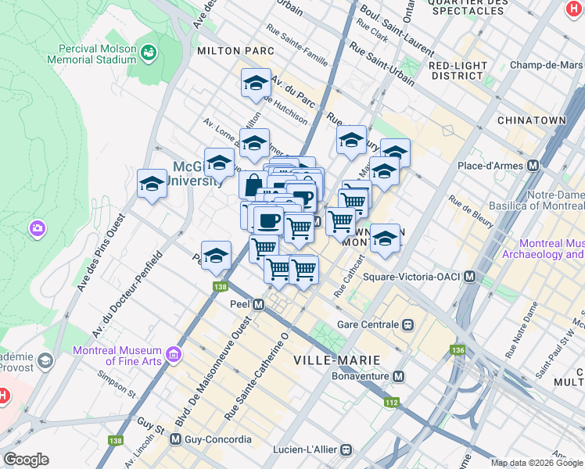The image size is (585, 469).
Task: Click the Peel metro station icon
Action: [257, 304]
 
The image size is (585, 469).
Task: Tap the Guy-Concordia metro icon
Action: [175, 439]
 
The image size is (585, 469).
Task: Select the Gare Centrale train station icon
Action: [407, 324]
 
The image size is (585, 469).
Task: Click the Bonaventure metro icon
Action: [399, 377]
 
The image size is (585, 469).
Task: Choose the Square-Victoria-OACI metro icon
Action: [470, 277]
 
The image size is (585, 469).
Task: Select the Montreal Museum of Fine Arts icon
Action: [173, 356]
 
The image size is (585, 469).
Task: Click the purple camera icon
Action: [37, 228]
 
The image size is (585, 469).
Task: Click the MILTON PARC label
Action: [235, 50]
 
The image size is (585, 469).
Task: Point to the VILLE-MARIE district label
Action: [336, 360]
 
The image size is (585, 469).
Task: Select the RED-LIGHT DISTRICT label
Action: [456, 70]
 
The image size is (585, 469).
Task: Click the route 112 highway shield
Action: [391, 403]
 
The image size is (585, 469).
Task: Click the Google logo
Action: [26, 460]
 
